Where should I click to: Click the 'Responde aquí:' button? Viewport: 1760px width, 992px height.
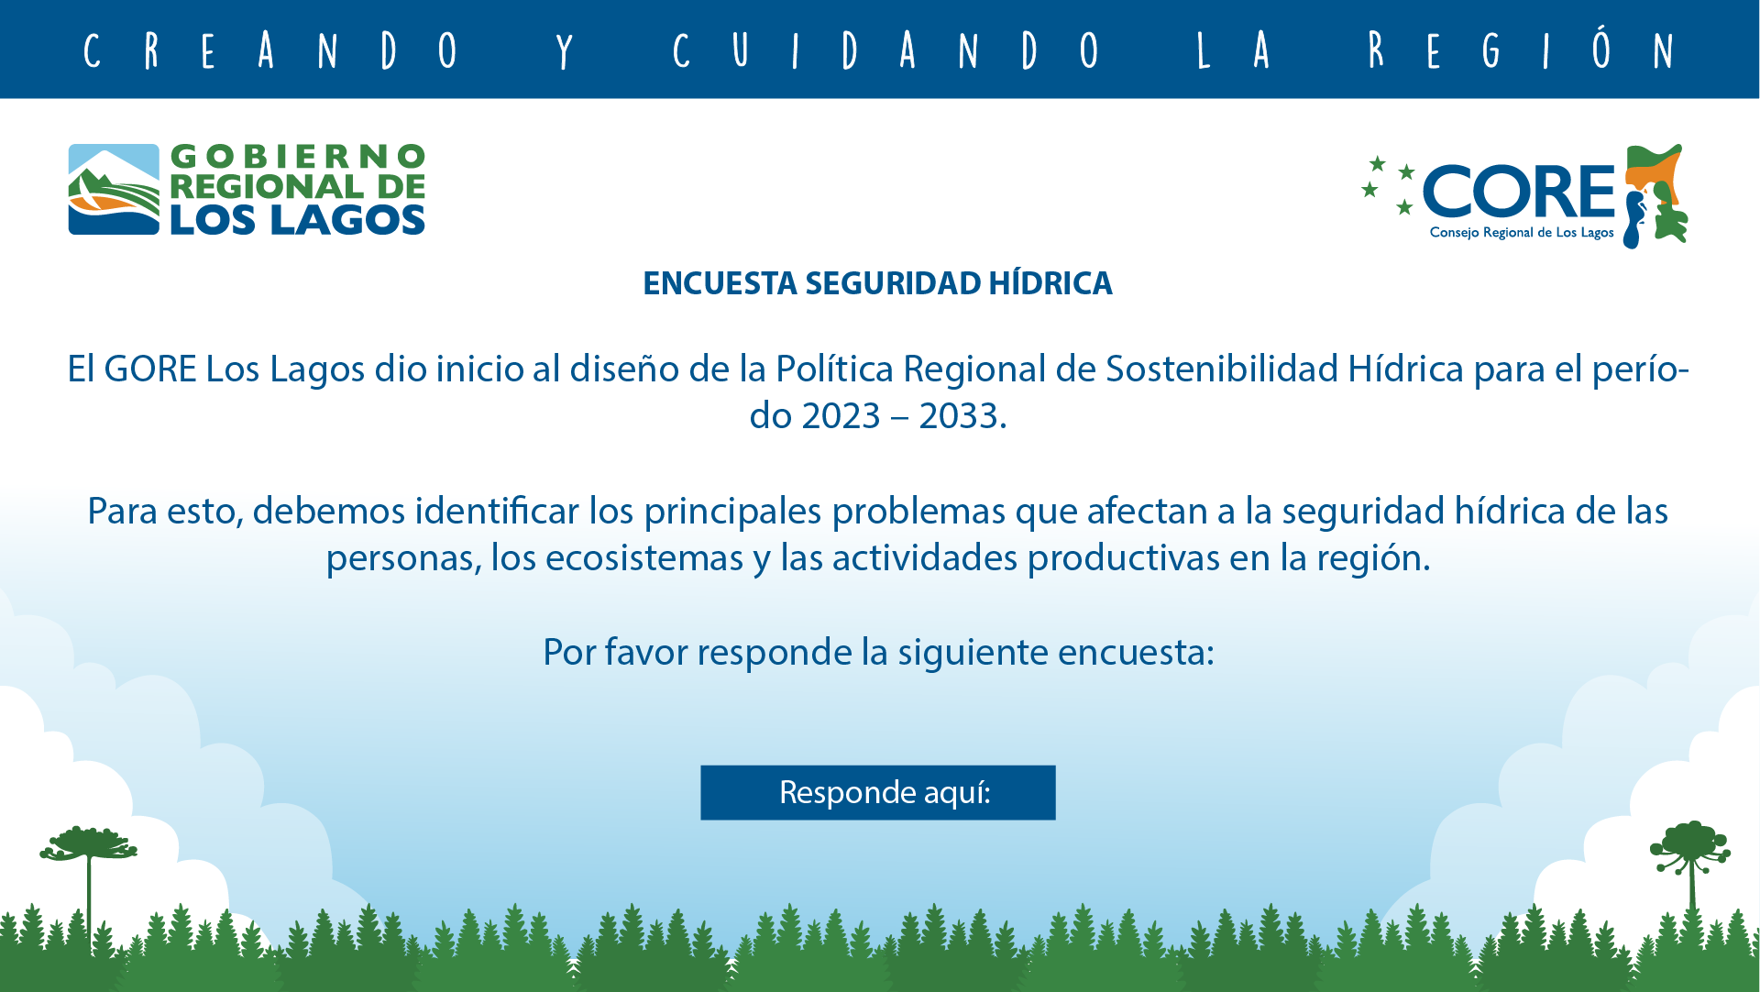878,792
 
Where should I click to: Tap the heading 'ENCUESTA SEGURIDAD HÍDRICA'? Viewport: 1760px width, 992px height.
877,283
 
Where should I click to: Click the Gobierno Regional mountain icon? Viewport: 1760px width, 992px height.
114,190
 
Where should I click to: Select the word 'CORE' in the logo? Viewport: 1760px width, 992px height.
1518,192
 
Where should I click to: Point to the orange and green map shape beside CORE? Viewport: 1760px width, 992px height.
1655,195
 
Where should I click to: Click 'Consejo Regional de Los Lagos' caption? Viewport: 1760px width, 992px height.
1522,233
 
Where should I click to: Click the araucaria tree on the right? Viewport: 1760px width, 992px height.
1690,871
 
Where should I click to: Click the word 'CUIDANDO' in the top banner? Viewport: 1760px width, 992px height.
885,50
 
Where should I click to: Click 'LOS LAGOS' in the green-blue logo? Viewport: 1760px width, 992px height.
297,220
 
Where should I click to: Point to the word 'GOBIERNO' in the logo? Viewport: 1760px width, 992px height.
298,157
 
